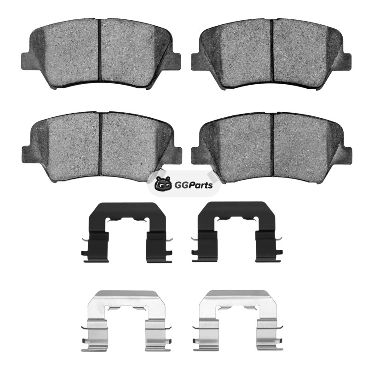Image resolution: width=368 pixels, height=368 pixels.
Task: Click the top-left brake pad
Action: [x=101, y=53]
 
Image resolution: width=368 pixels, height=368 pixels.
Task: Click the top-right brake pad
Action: [x=271, y=54]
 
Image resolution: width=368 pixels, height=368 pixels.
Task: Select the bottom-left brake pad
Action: [x=101, y=147]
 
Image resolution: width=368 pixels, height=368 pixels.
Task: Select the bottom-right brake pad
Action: [x=271, y=148]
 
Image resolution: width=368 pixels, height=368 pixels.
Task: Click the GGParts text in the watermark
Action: [x=194, y=185]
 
